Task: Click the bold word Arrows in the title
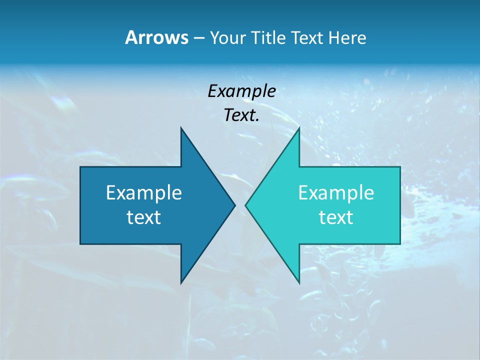pyautogui.click(x=156, y=37)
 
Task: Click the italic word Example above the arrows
pyautogui.click(x=242, y=91)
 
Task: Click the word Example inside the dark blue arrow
pyautogui.click(x=144, y=192)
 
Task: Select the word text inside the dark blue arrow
pyautogui.click(x=144, y=217)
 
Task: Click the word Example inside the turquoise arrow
pyautogui.click(x=336, y=192)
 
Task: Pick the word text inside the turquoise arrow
pyautogui.click(x=336, y=217)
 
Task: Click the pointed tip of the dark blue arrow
pyautogui.click(x=234, y=205)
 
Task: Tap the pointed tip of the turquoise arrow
pyautogui.click(x=246, y=205)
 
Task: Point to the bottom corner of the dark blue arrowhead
pyautogui.click(x=181, y=282)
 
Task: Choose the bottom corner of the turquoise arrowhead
pyautogui.click(x=299, y=282)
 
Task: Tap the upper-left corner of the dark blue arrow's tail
pyautogui.click(x=81, y=167)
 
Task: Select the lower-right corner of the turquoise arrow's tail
pyautogui.click(x=399, y=243)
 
